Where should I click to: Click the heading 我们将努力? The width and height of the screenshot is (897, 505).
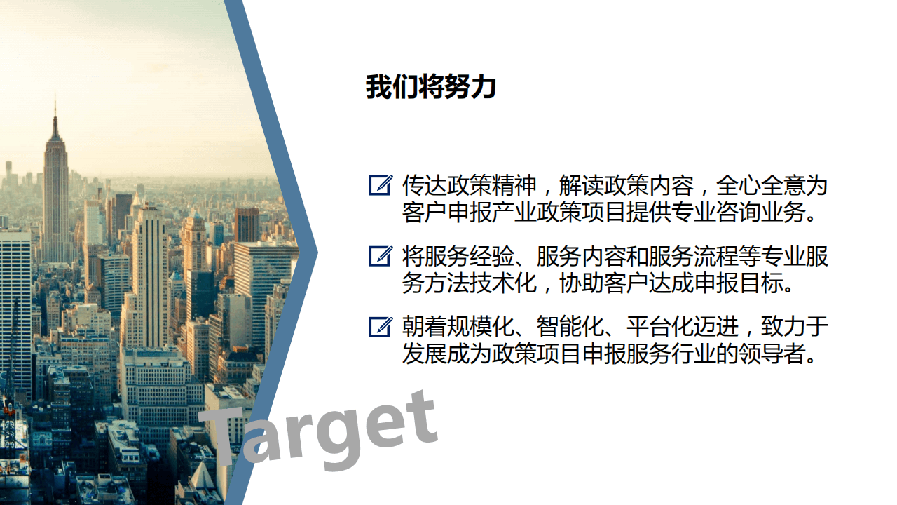click(x=431, y=86)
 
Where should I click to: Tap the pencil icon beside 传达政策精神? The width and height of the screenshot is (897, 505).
click(x=381, y=185)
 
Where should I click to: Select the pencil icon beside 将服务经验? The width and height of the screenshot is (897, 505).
click(x=381, y=256)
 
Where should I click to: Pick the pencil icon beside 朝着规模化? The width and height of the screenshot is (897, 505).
click(x=381, y=327)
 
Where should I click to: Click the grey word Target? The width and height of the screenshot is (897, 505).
click(x=318, y=431)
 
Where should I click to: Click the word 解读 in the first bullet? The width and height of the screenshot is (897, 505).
click(x=582, y=186)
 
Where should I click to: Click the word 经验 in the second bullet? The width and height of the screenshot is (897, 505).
click(x=492, y=257)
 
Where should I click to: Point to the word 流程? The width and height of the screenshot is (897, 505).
click(x=716, y=257)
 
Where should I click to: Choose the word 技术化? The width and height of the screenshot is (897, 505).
click(x=503, y=283)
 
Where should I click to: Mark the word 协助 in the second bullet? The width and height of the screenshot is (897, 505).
click(x=582, y=283)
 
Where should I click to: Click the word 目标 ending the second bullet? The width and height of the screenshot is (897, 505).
click(x=761, y=283)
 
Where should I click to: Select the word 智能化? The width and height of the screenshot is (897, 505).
click(x=570, y=327)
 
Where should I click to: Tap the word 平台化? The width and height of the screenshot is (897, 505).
click(x=660, y=327)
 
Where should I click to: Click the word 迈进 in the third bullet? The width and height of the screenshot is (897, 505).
click(x=716, y=327)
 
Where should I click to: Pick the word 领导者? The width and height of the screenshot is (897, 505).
click(x=772, y=354)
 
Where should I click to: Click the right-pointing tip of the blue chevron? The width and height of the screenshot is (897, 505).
click(x=317, y=252)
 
